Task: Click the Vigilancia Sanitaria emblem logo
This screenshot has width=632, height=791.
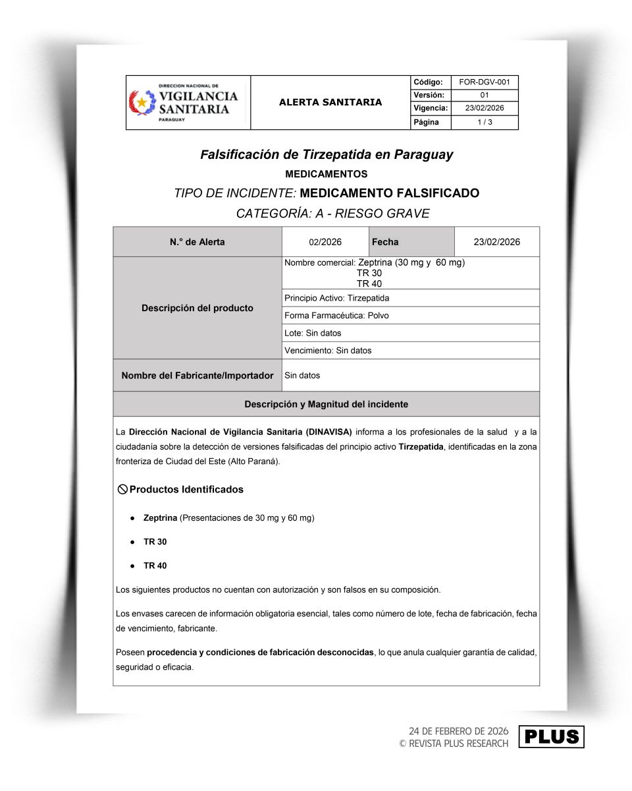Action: (x=142, y=103)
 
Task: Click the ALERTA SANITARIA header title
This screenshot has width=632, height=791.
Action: (x=330, y=102)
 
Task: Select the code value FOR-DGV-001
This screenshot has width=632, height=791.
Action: (x=484, y=82)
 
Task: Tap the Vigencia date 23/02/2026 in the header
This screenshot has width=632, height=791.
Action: (x=484, y=109)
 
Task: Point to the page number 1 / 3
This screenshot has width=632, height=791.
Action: (x=484, y=123)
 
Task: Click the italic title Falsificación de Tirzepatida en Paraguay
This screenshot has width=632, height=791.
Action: (x=327, y=155)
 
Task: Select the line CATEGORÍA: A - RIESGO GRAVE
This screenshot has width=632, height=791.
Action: (x=332, y=214)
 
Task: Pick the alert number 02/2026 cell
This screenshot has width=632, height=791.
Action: (x=325, y=242)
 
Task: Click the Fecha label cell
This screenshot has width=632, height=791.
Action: (x=385, y=242)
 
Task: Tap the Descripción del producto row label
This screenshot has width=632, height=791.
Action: (x=197, y=308)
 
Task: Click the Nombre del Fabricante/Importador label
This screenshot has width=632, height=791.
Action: (x=197, y=376)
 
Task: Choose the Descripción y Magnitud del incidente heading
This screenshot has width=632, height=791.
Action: (x=326, y=404)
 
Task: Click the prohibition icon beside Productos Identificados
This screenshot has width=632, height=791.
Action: (x=122, y=489)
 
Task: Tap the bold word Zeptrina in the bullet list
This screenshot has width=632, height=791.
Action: (x=160, y=518)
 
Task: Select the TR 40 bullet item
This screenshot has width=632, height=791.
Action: (x=155, y=566)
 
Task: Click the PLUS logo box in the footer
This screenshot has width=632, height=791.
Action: (x=551, y=737)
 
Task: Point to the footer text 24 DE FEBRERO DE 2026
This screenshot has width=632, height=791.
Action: (x=458, y=731)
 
